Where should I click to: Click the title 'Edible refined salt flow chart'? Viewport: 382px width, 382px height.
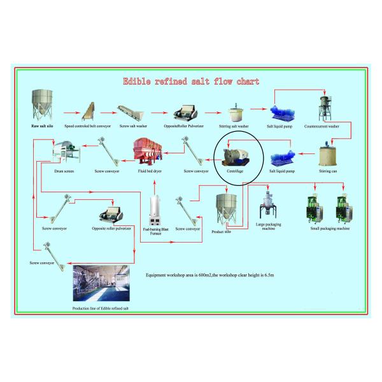pos(190,81)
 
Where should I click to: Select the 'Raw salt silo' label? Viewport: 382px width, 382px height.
pos(43,127)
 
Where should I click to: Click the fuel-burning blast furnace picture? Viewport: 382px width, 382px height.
pos(155,209)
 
